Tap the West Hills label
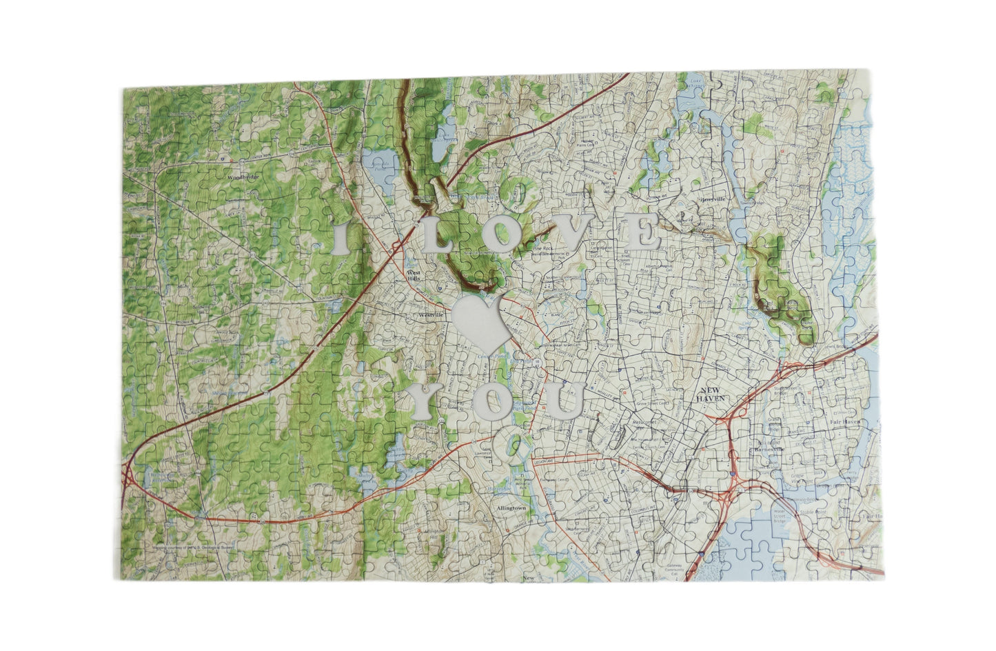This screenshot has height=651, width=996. coord(414,276)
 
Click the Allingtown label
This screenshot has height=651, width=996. coord(511,508)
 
